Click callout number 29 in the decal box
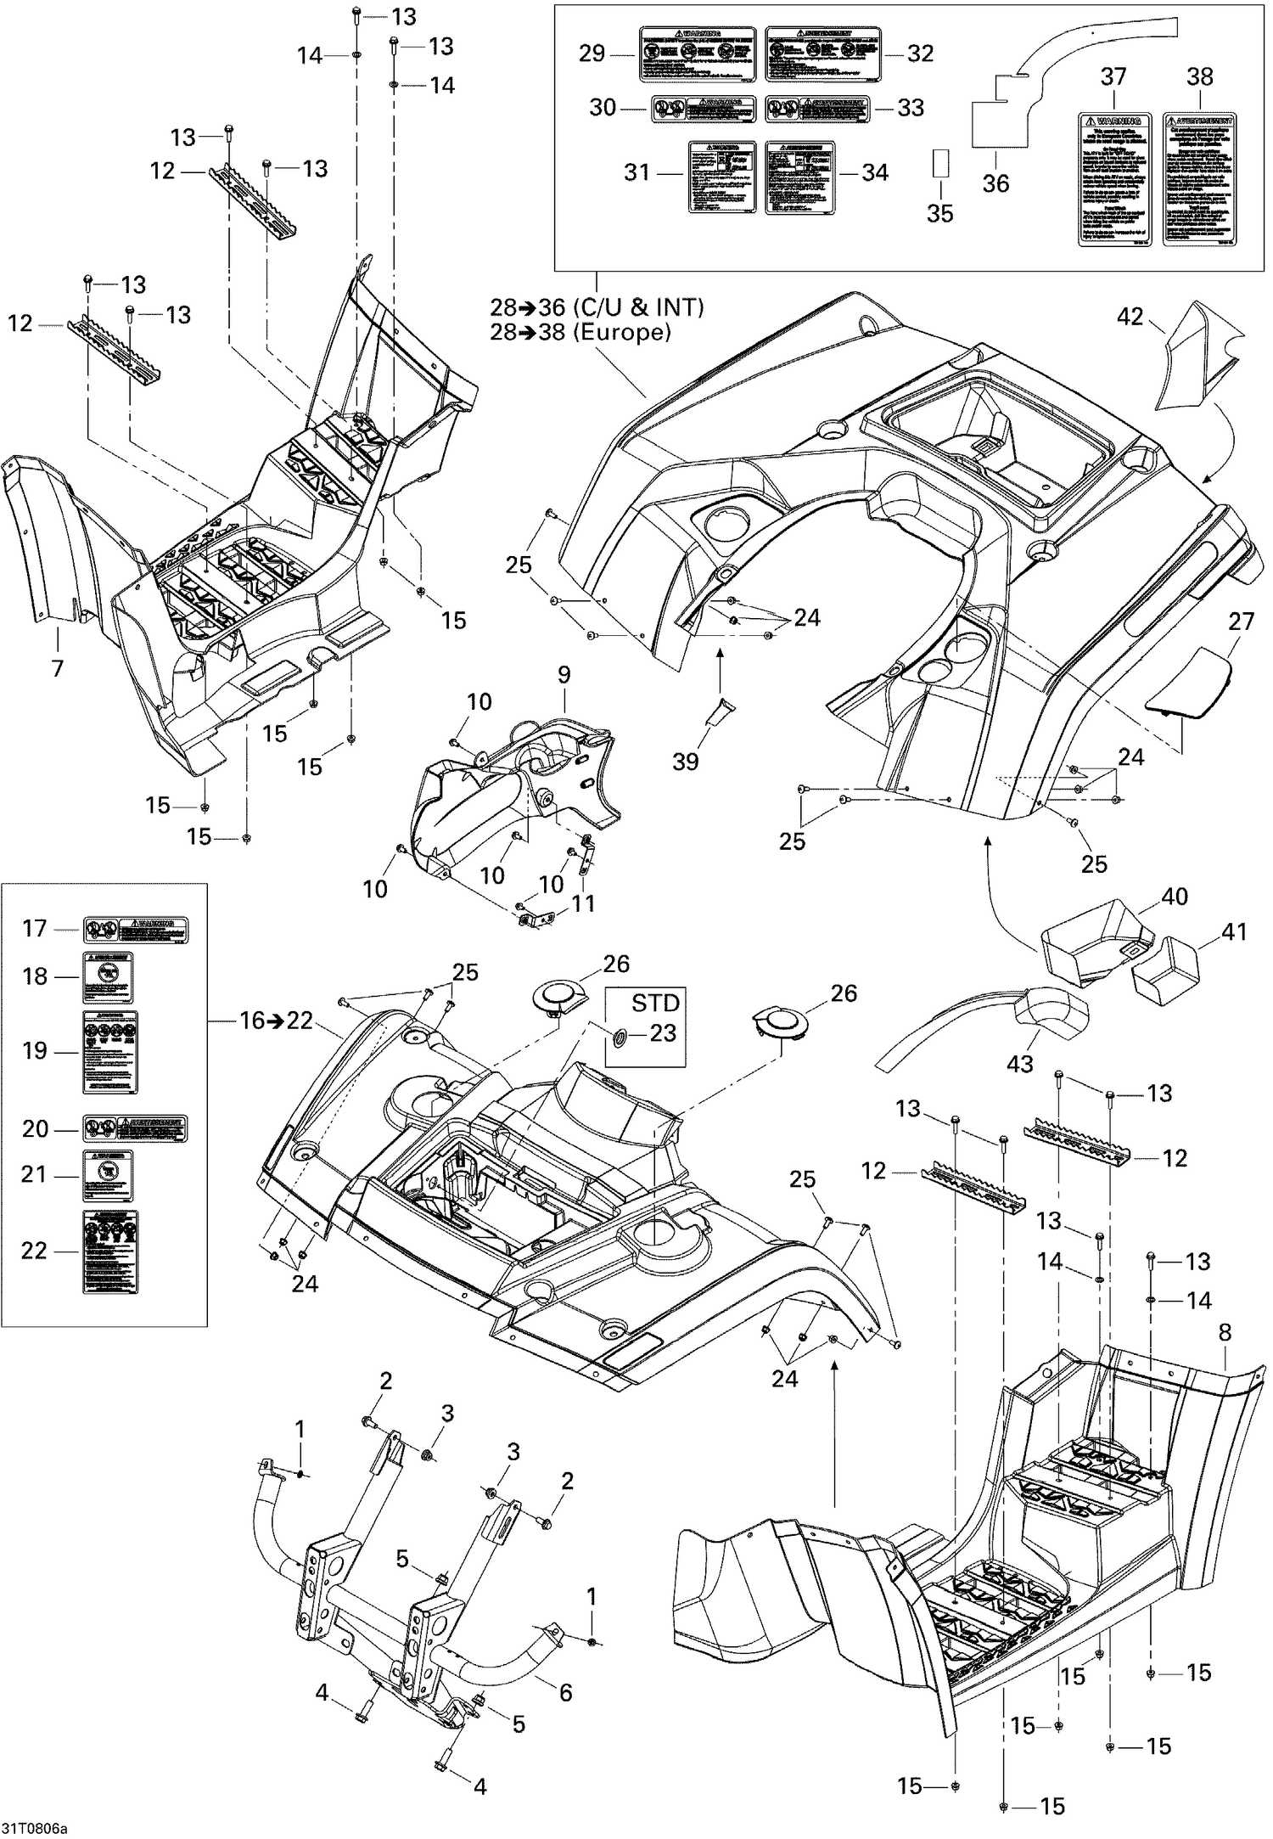coord(592,53)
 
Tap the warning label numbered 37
coord(1113,179)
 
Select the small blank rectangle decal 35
coord(939,164)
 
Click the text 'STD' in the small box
coord(655,1003)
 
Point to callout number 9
coord(564,675)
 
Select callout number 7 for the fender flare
coord(57,669)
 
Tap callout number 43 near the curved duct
coord(1020,1064)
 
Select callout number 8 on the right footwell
coord(1225,1332)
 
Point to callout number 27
coord(1241,621)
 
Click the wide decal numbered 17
coord(136,930)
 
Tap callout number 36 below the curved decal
coord(995,183)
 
